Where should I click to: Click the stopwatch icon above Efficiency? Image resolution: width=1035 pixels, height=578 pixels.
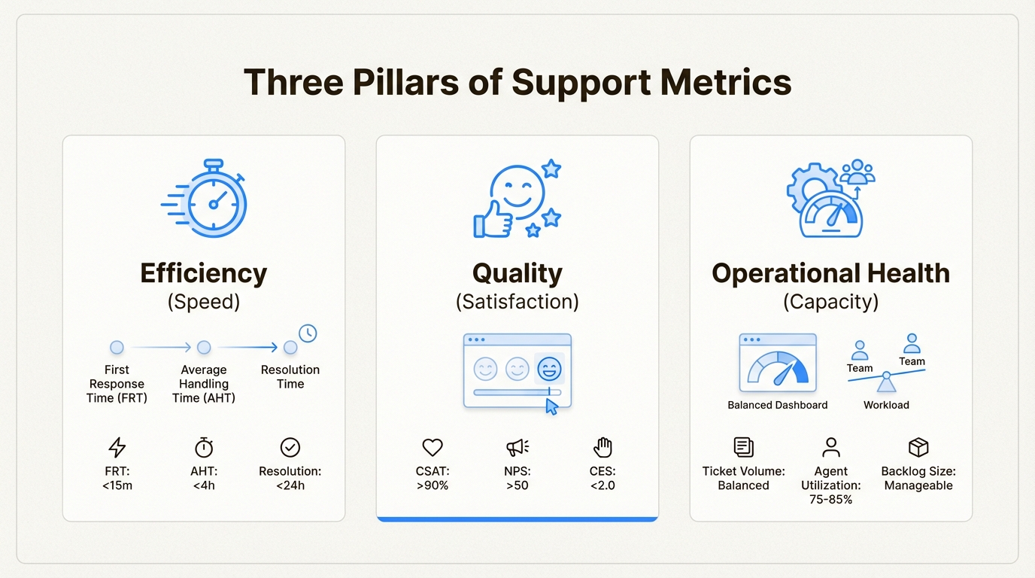pos(214,199)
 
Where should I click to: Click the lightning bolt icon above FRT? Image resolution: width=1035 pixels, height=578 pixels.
pos(117,447)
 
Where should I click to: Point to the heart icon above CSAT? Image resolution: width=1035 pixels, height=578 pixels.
pos(433,447)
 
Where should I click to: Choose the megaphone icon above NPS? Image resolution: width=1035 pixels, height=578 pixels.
pos(517,447)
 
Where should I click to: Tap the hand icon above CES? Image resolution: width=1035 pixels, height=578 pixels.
pos(603,447)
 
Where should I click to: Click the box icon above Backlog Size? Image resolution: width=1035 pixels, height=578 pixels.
pos(918,447)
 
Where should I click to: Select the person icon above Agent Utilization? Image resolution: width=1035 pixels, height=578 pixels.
pos(830,447)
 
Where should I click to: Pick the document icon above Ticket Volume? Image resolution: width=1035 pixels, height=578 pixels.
pos(743,447)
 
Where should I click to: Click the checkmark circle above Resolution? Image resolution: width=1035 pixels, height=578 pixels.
pos(290,447)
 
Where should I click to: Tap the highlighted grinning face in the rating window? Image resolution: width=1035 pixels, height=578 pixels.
pos(549,369)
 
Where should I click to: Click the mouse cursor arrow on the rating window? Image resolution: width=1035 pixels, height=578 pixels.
pos(551,406)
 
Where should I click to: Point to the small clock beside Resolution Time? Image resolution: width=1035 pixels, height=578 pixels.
pos(308,333)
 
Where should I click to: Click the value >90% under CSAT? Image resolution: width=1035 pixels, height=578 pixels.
pos(433,485)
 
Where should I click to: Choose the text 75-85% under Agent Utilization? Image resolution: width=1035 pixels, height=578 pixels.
pos(830,500)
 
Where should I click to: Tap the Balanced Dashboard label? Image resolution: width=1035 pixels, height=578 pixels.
pos(778,405)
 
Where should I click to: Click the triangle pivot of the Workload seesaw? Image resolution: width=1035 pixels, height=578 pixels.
pos(886,382)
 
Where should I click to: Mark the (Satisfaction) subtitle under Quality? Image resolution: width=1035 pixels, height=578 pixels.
pos(517,302)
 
